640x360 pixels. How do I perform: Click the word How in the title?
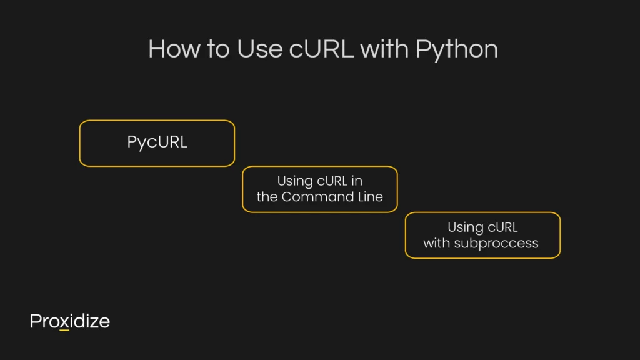[174, 49]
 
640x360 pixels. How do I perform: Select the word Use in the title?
[259, 49]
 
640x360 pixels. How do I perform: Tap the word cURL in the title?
[321, 49]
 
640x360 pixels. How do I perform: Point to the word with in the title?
[384, 49]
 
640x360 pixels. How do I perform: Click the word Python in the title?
[457, 51]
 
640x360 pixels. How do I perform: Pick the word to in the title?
[218, 49]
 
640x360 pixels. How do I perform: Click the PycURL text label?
[157, 142]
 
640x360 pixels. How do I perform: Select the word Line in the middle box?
[371, 197]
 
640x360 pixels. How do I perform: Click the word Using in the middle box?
[295, 182]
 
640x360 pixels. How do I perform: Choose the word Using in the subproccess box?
[465, 227]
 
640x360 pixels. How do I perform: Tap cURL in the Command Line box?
[332, 181]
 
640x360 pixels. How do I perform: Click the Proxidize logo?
[70, 321]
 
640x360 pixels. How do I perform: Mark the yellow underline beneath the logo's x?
[64, 330]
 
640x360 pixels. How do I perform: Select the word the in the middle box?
[267, 197]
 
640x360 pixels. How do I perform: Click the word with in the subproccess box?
[436, 243]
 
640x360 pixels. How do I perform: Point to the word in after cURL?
[357, 181]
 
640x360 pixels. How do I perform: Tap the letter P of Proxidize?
[36, 321]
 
